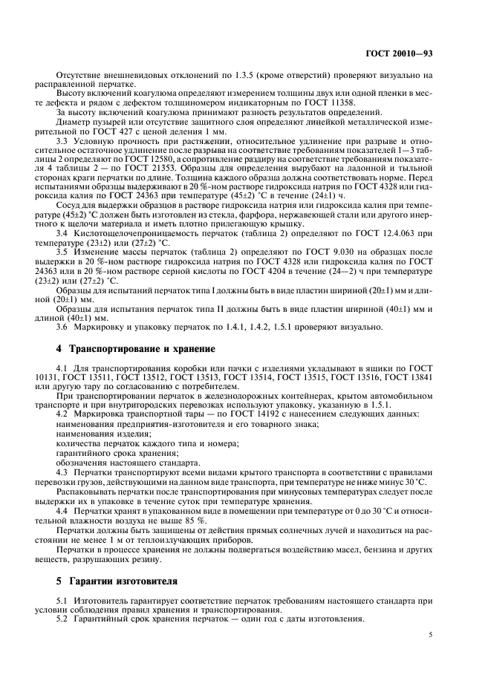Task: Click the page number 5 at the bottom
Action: (x=432, y=635)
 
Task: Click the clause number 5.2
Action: (x=65, y=619)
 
